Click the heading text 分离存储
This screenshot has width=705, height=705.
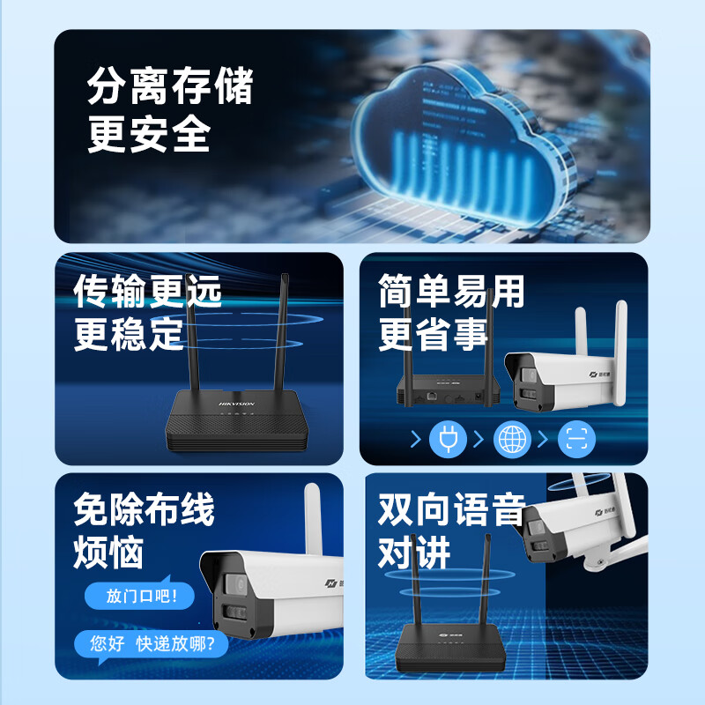tap(170, 87)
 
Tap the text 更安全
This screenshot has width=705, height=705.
tap(149, 135)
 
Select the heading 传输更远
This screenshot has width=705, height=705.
tap(148, 290)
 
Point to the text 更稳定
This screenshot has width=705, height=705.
tap(129, 334)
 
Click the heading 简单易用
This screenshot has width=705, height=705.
tap(451, 290)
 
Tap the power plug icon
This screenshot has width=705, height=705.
tap(447, 439)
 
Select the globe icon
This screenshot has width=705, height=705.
tap(512, 439)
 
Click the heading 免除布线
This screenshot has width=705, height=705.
tap(145, 508)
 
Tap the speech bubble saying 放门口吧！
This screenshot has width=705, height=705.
tap(137, 597)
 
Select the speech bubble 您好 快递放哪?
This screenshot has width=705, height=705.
tap(150, 643)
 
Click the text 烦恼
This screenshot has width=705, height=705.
tap(108, 553)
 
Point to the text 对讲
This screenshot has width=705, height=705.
tap(414, 553)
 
